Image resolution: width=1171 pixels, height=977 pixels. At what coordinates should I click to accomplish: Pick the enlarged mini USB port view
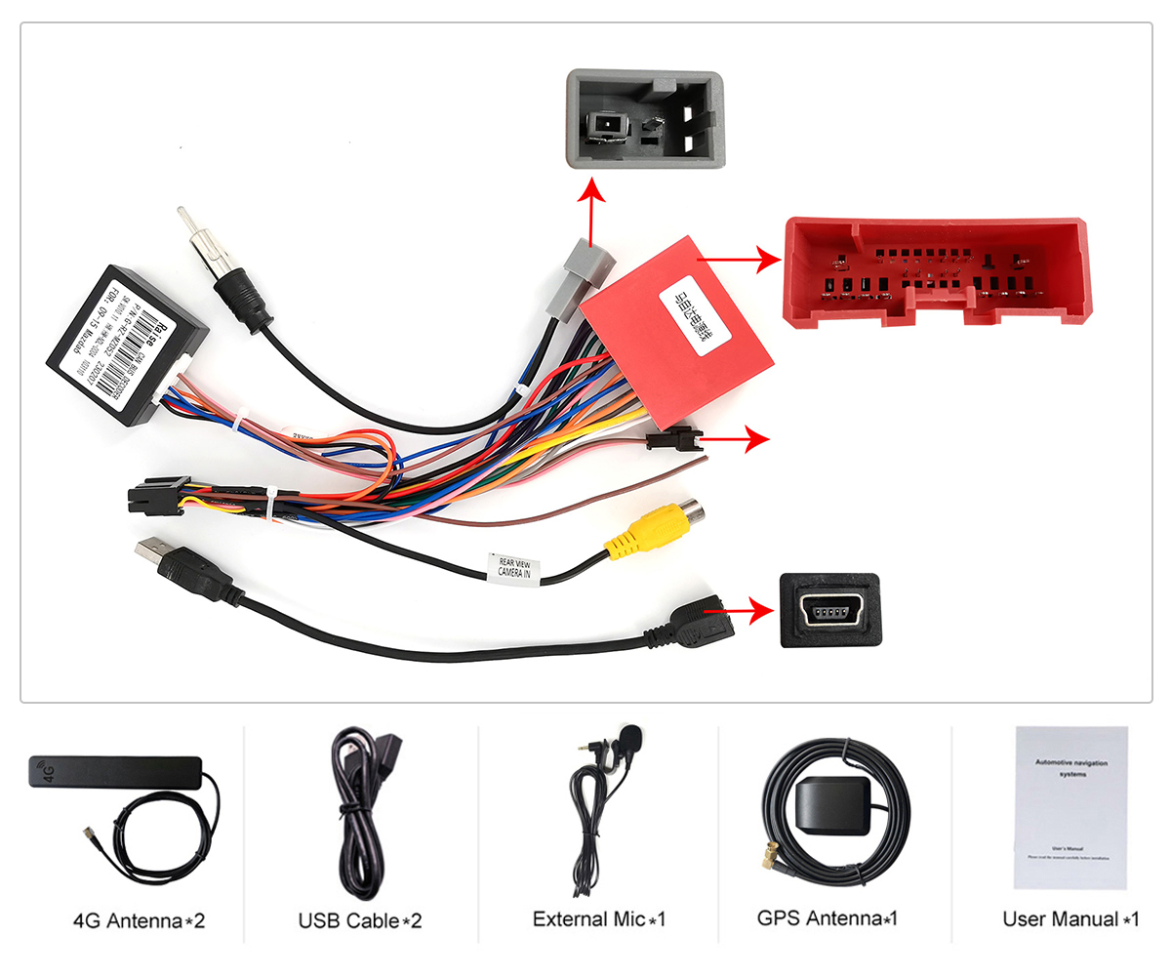[830, 610]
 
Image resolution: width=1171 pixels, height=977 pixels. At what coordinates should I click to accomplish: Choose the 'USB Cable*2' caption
[360, 919]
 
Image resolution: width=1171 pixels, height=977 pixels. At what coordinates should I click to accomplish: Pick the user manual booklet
[1070, 807]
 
